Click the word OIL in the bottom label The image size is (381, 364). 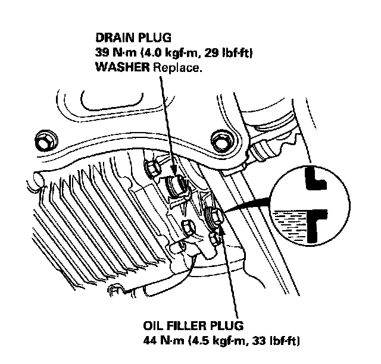(157, 328)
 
